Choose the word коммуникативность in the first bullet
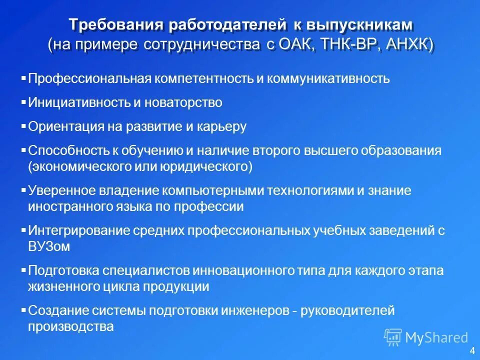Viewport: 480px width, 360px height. (x=334, y=79)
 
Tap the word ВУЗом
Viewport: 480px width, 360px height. (x=49, y=246)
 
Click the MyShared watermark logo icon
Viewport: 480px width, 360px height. (x=393, y=337)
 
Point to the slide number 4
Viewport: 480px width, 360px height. (x=472, y=350)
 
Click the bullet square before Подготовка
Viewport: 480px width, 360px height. (x=24, y=270)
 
